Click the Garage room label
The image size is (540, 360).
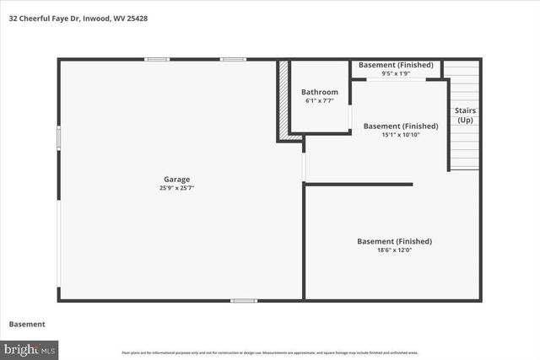tap(176, 179)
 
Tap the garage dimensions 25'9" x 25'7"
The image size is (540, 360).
tap(176, 188)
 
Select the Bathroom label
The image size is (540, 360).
tap(320, 92)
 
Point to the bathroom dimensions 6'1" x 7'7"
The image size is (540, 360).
tap(320, 101)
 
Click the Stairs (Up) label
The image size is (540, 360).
tap(464, 116)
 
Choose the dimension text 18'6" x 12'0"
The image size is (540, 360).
tap(394, 250)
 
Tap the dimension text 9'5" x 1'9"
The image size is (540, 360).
tap(396, 74)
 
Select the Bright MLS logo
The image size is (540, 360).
tap(30, 348)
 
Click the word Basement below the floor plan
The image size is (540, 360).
tap(26, 324)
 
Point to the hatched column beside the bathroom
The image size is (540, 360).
tap(283, 99)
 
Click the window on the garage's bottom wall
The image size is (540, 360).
tap(244, 300)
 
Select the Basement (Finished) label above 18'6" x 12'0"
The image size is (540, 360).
tap(394, 241)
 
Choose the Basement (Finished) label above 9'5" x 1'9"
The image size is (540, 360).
tap(396, 65)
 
